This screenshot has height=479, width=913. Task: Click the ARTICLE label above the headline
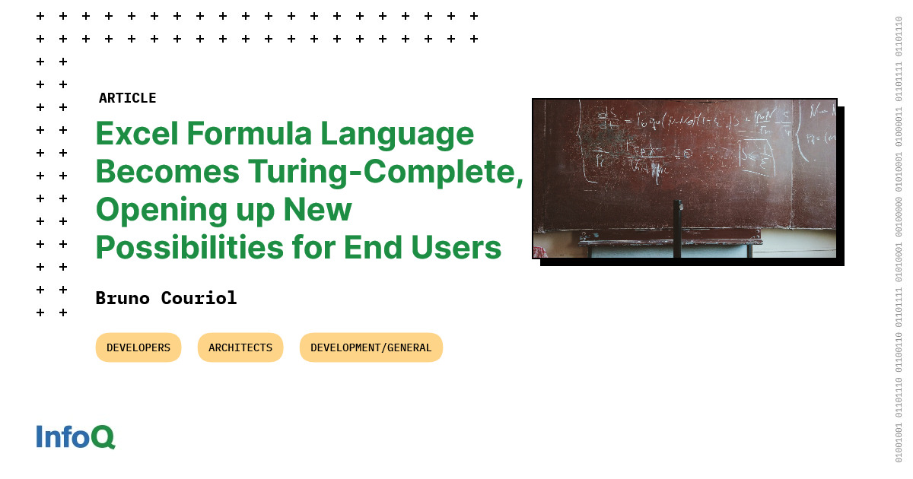tap(127, 98)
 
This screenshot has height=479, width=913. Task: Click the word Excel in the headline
tap(135, 135)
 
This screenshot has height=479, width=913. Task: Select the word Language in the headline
tap(396, 135)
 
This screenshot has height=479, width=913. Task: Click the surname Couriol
tap(199, 298)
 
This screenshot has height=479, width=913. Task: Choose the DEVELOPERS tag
tap(138, 347)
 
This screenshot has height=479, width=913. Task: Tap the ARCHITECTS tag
tap(240, 347)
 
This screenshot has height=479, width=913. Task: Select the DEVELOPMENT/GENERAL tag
tap(371, 347)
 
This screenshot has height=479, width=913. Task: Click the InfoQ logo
tap(75, 437)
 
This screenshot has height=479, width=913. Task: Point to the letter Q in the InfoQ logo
tap(103, 437)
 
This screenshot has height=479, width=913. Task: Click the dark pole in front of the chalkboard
tap(677, 228)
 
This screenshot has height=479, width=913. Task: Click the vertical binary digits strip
tap(899, 239)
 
